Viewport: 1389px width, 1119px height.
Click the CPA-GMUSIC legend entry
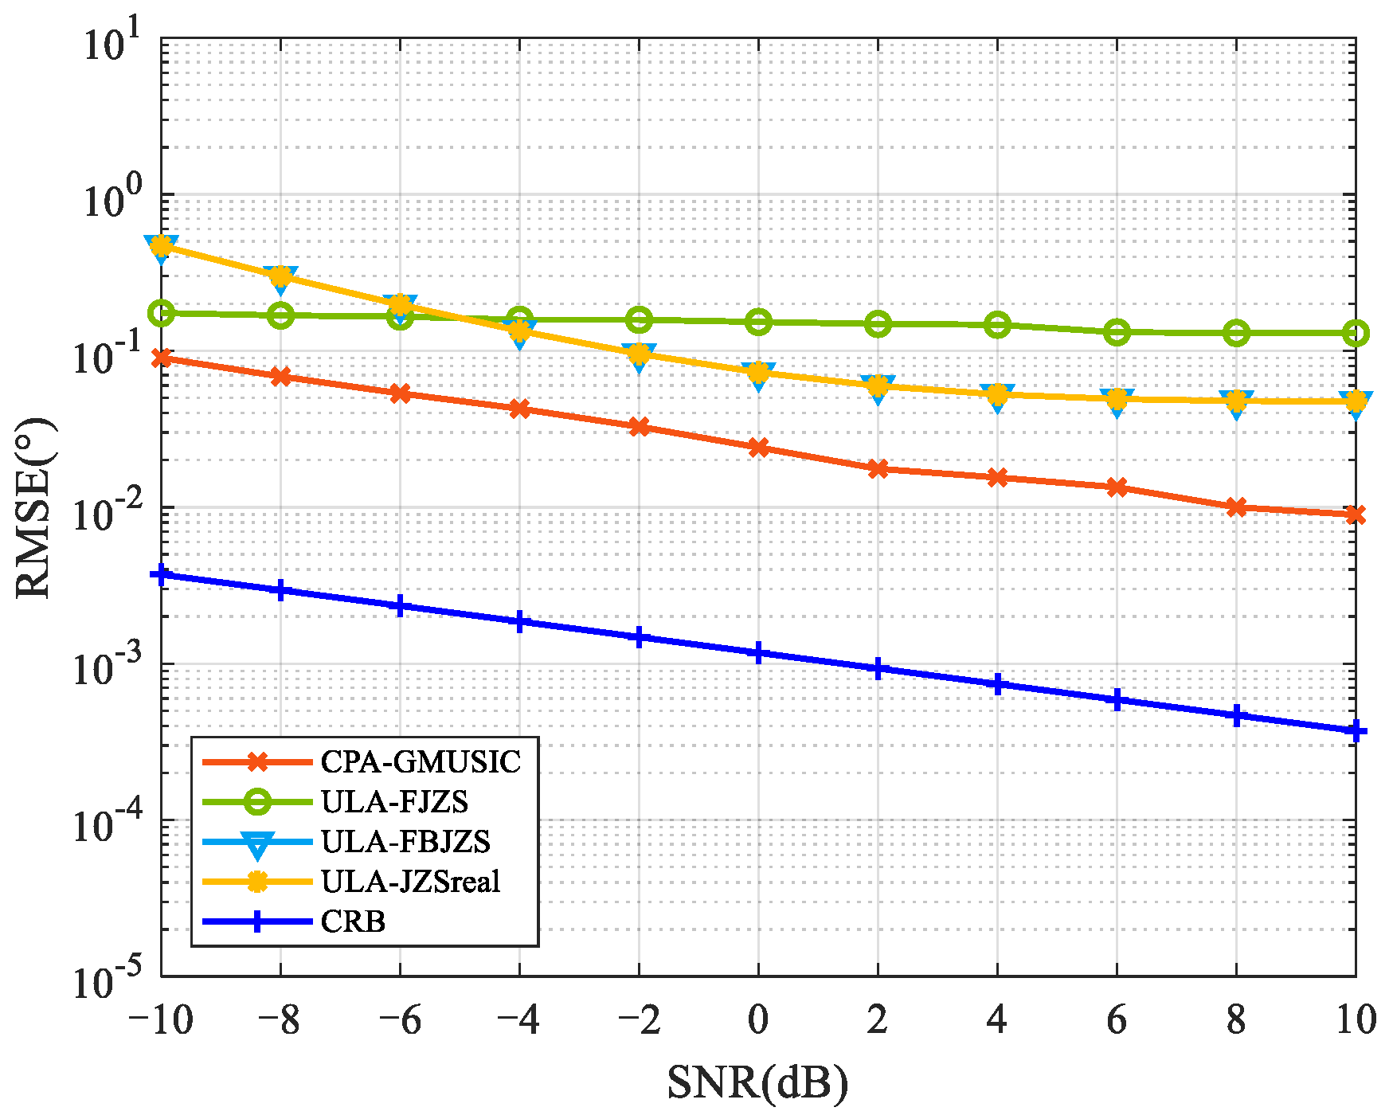pos(421,762)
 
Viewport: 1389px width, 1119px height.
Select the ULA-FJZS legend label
pos(394,801)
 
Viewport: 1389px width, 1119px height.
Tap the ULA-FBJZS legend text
pos(405,841)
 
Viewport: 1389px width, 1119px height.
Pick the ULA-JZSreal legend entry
pos(410,881)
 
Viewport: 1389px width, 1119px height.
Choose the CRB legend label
pos(353,921)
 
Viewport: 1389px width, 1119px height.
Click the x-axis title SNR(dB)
pos(757,1082)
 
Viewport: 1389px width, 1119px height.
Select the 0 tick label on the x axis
pos(757,1019)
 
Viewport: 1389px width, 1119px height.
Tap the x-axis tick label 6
pos(1116,1019)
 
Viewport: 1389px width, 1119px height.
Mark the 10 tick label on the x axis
pos(1355,1019)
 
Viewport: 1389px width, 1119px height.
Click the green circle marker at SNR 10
pos(1356,334)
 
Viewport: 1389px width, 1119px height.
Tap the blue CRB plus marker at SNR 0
pos(758,653)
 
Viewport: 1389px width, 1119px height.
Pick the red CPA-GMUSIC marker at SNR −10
pos(161,358)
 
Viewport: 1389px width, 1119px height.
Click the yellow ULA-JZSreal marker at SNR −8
pos(280,276)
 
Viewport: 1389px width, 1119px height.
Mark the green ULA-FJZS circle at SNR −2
pos(639,320)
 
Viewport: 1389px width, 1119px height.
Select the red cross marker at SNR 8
pos(1236,507)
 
